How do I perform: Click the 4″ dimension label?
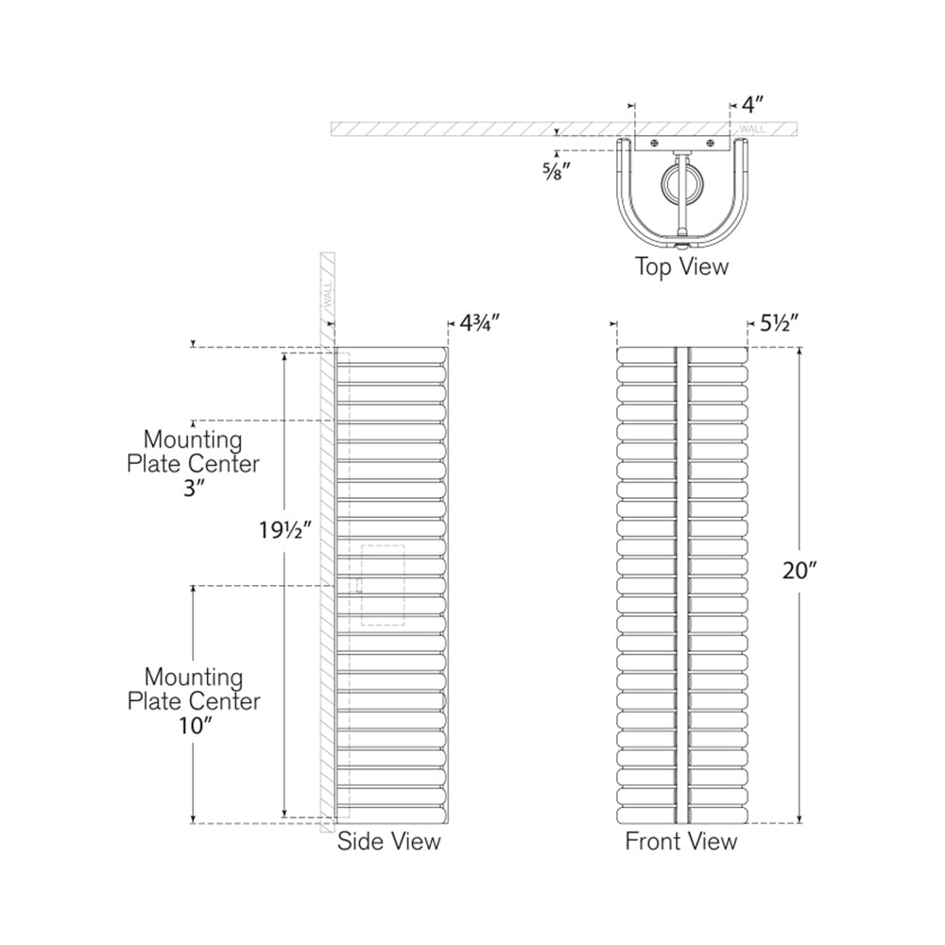(751, 105)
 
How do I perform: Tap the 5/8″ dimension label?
(556, 172)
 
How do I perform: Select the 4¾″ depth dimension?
(480, 323)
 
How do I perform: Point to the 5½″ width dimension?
(780, 323)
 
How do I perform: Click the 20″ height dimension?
(799, 570)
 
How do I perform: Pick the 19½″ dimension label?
(285, 530)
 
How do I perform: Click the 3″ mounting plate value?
(194, 489)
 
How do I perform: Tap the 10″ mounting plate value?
(193, 726)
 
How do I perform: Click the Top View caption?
(681, 266)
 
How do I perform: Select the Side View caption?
(388, 841)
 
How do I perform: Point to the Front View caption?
(681, 841)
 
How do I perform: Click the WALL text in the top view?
(752, 129)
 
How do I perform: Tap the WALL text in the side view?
(328, 295)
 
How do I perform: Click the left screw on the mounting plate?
(654, 143)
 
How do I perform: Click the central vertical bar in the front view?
(682, 585)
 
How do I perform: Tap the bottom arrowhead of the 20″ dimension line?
(799, 819)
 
